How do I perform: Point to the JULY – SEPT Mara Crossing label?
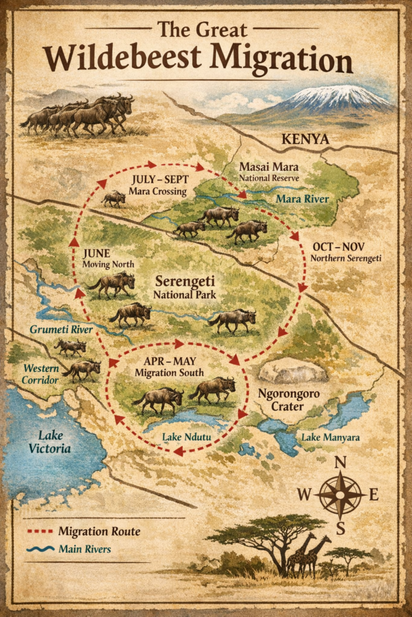click(159, 185)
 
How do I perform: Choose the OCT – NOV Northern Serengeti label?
click(346, 252)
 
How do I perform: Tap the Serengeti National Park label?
click(185, 287)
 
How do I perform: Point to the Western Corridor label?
click(42, 374)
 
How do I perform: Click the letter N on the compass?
click(340, 463)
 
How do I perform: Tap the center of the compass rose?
click(340, 495)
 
